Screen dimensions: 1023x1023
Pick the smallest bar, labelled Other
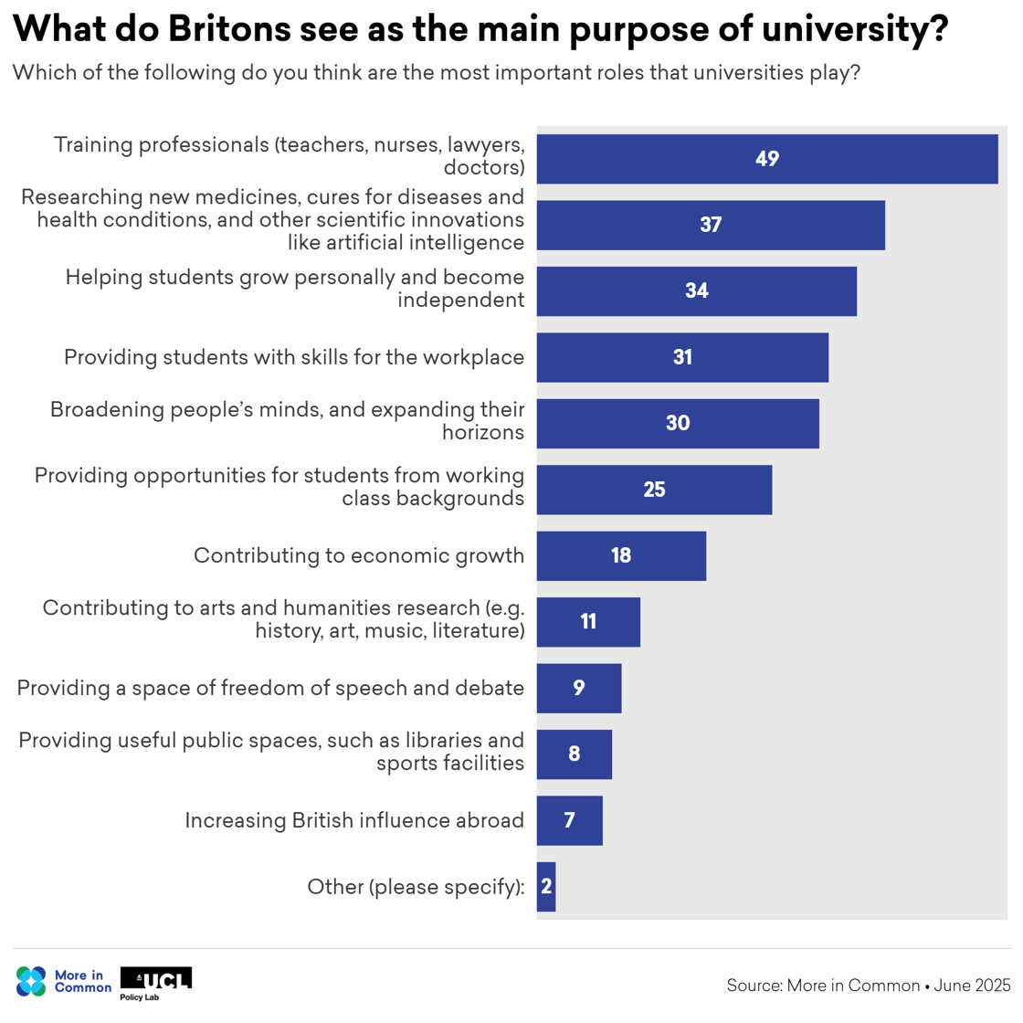click(x=546, y=886)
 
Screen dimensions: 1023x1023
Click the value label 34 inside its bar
click(x=697, y=290)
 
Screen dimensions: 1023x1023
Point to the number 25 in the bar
click(x=654, y=490)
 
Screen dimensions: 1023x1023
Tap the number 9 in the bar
click(x=579, y=688)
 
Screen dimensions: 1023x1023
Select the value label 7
click(x=569, y=820)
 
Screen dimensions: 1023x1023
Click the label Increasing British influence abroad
click(x=354, y=820)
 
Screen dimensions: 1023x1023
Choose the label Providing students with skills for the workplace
click(x=294, y=357)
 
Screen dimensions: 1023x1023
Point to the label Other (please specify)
click(x=416, y=886)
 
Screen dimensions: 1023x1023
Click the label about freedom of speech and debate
click(x=270, y=688)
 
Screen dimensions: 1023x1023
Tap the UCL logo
click(x=156, y=979)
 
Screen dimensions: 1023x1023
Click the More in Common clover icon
click(x=31, y=981)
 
